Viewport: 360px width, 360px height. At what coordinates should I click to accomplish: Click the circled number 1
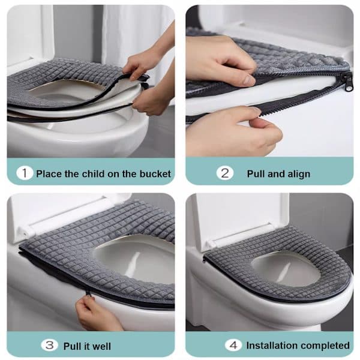tap(25, 173)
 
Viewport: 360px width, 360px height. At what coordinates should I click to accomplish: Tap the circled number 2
tap(225, 173)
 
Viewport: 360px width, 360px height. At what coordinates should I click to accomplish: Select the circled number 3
tap(49, 346)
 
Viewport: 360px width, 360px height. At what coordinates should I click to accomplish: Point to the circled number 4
tap(233, 346)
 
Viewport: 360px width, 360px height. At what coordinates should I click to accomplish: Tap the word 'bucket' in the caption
tap(155, 174)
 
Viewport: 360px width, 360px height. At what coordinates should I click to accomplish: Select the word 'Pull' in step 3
tap(70, 346)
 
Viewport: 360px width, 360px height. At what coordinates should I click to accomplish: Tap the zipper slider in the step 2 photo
tap(348, 83)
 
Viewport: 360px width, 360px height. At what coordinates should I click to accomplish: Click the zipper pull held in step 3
tap(88, 293)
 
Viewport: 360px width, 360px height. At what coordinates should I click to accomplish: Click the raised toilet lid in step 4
tap(241, 220)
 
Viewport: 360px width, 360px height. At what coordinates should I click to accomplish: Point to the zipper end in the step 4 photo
tap(204, 260)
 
